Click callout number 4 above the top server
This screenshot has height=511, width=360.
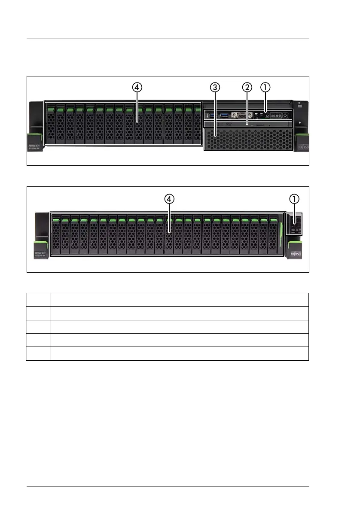click(x=137, y=87)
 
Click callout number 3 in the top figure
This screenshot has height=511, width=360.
click(x=215, y=87)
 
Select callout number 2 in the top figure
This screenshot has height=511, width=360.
click(x=246, y=87)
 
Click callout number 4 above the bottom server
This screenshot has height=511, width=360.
click(x=169, y=199)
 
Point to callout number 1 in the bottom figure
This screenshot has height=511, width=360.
click(x=294, y=199)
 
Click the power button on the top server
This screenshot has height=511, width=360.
click(x=285, y=115)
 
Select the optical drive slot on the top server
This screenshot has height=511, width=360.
click(x=248, y=124)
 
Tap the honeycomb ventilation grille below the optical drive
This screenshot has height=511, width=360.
click(x=248, y=139)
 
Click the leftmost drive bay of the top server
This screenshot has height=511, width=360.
click(x=50, y=125)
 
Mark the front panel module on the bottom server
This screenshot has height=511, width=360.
click(x=295, y=224)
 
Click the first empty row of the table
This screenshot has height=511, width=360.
click(x=168, y=299)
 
